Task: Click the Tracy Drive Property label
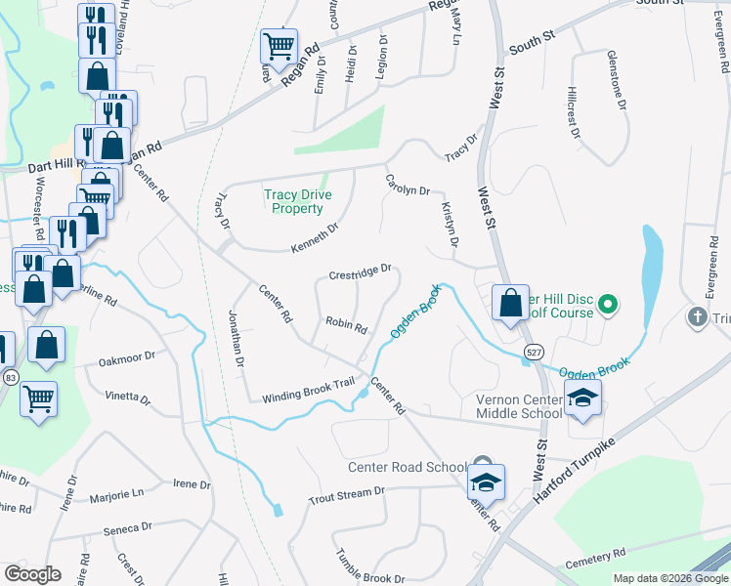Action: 293,201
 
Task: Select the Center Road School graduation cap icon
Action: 486,481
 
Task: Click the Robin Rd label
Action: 346,324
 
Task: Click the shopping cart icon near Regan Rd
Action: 279,44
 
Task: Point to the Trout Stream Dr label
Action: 340,495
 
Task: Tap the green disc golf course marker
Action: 608,304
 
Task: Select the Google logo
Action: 32,574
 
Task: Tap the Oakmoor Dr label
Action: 127,358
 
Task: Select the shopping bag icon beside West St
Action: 510,302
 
